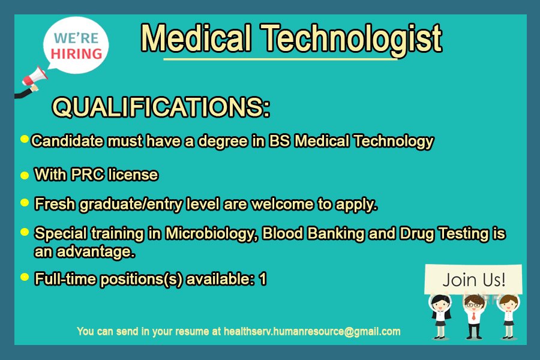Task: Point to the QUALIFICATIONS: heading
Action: point(161,107)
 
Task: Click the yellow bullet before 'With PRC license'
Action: point(25,176)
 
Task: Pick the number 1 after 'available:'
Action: point(262,279)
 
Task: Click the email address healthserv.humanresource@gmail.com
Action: point(311,331)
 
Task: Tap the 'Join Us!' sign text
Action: point(473,280)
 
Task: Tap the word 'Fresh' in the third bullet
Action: point(52,204)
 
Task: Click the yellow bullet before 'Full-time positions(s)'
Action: point(25,277)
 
